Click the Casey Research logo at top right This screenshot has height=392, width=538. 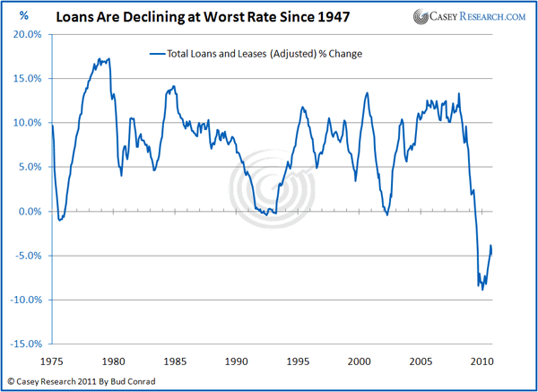(x=470, y=16)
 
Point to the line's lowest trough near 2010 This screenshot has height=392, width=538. (x=482, y=290)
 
